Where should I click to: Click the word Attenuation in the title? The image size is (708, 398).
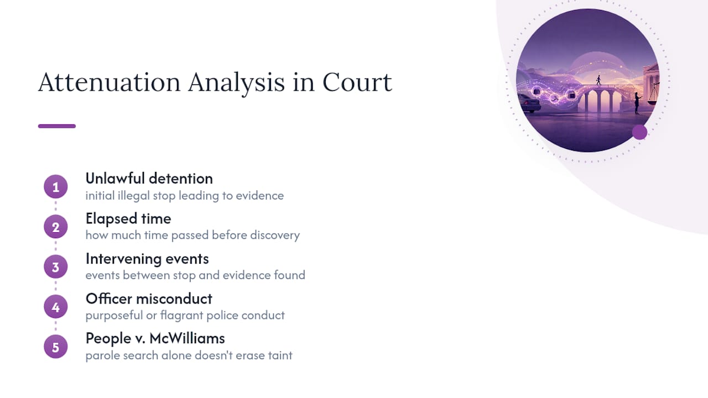pyautogui.click(x=110, y=82)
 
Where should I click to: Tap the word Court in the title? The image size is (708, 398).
pyautogui.click(x=357, y=82)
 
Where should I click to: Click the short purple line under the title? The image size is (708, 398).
pyautogui.click(x=57, y=126)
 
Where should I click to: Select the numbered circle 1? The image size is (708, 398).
pyautogui.click(x=56, y=187)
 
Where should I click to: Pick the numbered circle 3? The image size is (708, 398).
pyautogui.click(x=56, y=267)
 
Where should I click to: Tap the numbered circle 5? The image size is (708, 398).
pyautogui.click(x=56, y=347)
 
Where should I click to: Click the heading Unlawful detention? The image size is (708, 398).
pyautogui.click(x=149, y=179)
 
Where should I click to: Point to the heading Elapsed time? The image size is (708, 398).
pyautogui.click(x=128, y=218)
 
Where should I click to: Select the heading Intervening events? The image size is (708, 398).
pyautogui.click(x=147, y=259)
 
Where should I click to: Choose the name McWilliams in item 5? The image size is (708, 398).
pyautogui.click(x=187, y=338)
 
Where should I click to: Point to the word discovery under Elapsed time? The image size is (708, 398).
pyautogui.click(x=275, y=235)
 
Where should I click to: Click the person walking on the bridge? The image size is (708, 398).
pyautogui.click(x=598, y=80)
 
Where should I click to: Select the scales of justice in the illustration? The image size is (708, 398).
pyautogui.click(x=654, y=94)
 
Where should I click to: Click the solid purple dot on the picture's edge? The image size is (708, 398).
pyautogui.click(x=640, y=132)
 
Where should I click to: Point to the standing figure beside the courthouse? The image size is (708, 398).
pyautogui.click(x=638, y=103)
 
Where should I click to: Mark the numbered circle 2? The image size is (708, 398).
pyautogui.click(x=56, y=227)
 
